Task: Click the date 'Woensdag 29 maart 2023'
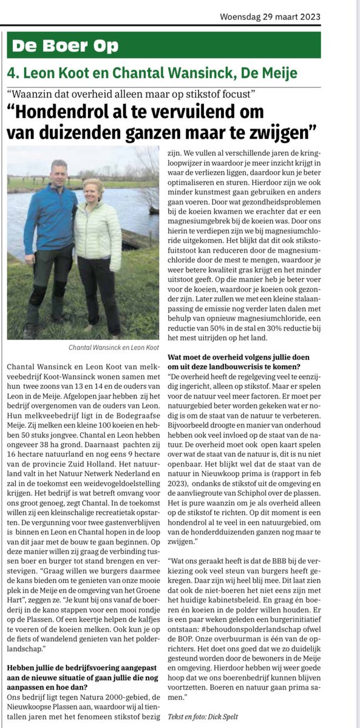pyautogui.click(x=279, y=17)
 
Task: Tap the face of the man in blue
pyautogui.click(x=59, y=172)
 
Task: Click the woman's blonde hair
pyautogui.click(x=93, y=184)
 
